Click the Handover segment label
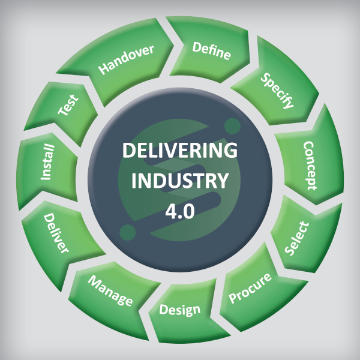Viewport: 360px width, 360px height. [127, 59]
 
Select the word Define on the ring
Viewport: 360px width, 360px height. [212, 52]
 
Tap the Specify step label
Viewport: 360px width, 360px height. [277, 91]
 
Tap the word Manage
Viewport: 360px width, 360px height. [110, 290]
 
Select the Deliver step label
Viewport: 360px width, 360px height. [57, 235]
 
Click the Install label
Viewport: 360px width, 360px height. [47, 162]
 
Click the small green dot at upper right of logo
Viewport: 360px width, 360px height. [232, 126]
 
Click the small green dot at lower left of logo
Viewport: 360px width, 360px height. [128, 232]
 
